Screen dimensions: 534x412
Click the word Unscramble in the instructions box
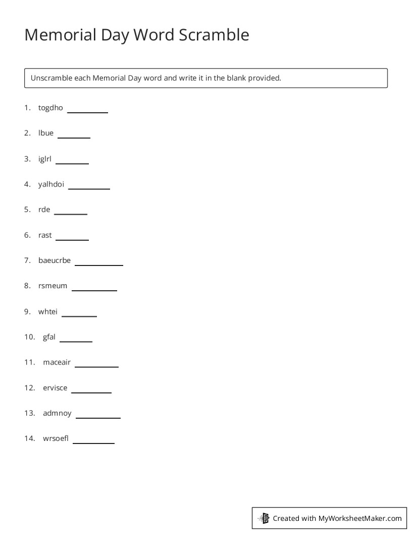coord(51,78)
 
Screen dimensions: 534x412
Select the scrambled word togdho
coord(50,108)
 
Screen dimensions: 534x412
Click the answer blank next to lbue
coord(74,137)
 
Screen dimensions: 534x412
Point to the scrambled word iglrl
coord(45,159)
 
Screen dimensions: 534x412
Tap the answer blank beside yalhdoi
coord(89,188)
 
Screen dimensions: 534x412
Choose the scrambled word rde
coord(44,209)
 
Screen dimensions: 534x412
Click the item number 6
coord(27,235)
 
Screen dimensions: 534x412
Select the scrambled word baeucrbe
coord(55,260)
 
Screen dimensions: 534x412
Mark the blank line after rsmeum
coord(94,289)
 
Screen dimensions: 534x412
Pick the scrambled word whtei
coord(48,312)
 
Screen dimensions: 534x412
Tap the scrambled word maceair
coord(57,363)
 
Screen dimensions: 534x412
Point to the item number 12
coord(29,388)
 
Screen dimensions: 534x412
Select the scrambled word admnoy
coord(58,414)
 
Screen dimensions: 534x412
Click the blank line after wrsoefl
coord(93,442)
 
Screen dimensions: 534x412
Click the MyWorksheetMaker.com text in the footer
coord(360,518)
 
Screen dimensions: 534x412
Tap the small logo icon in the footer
coord(264,518)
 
